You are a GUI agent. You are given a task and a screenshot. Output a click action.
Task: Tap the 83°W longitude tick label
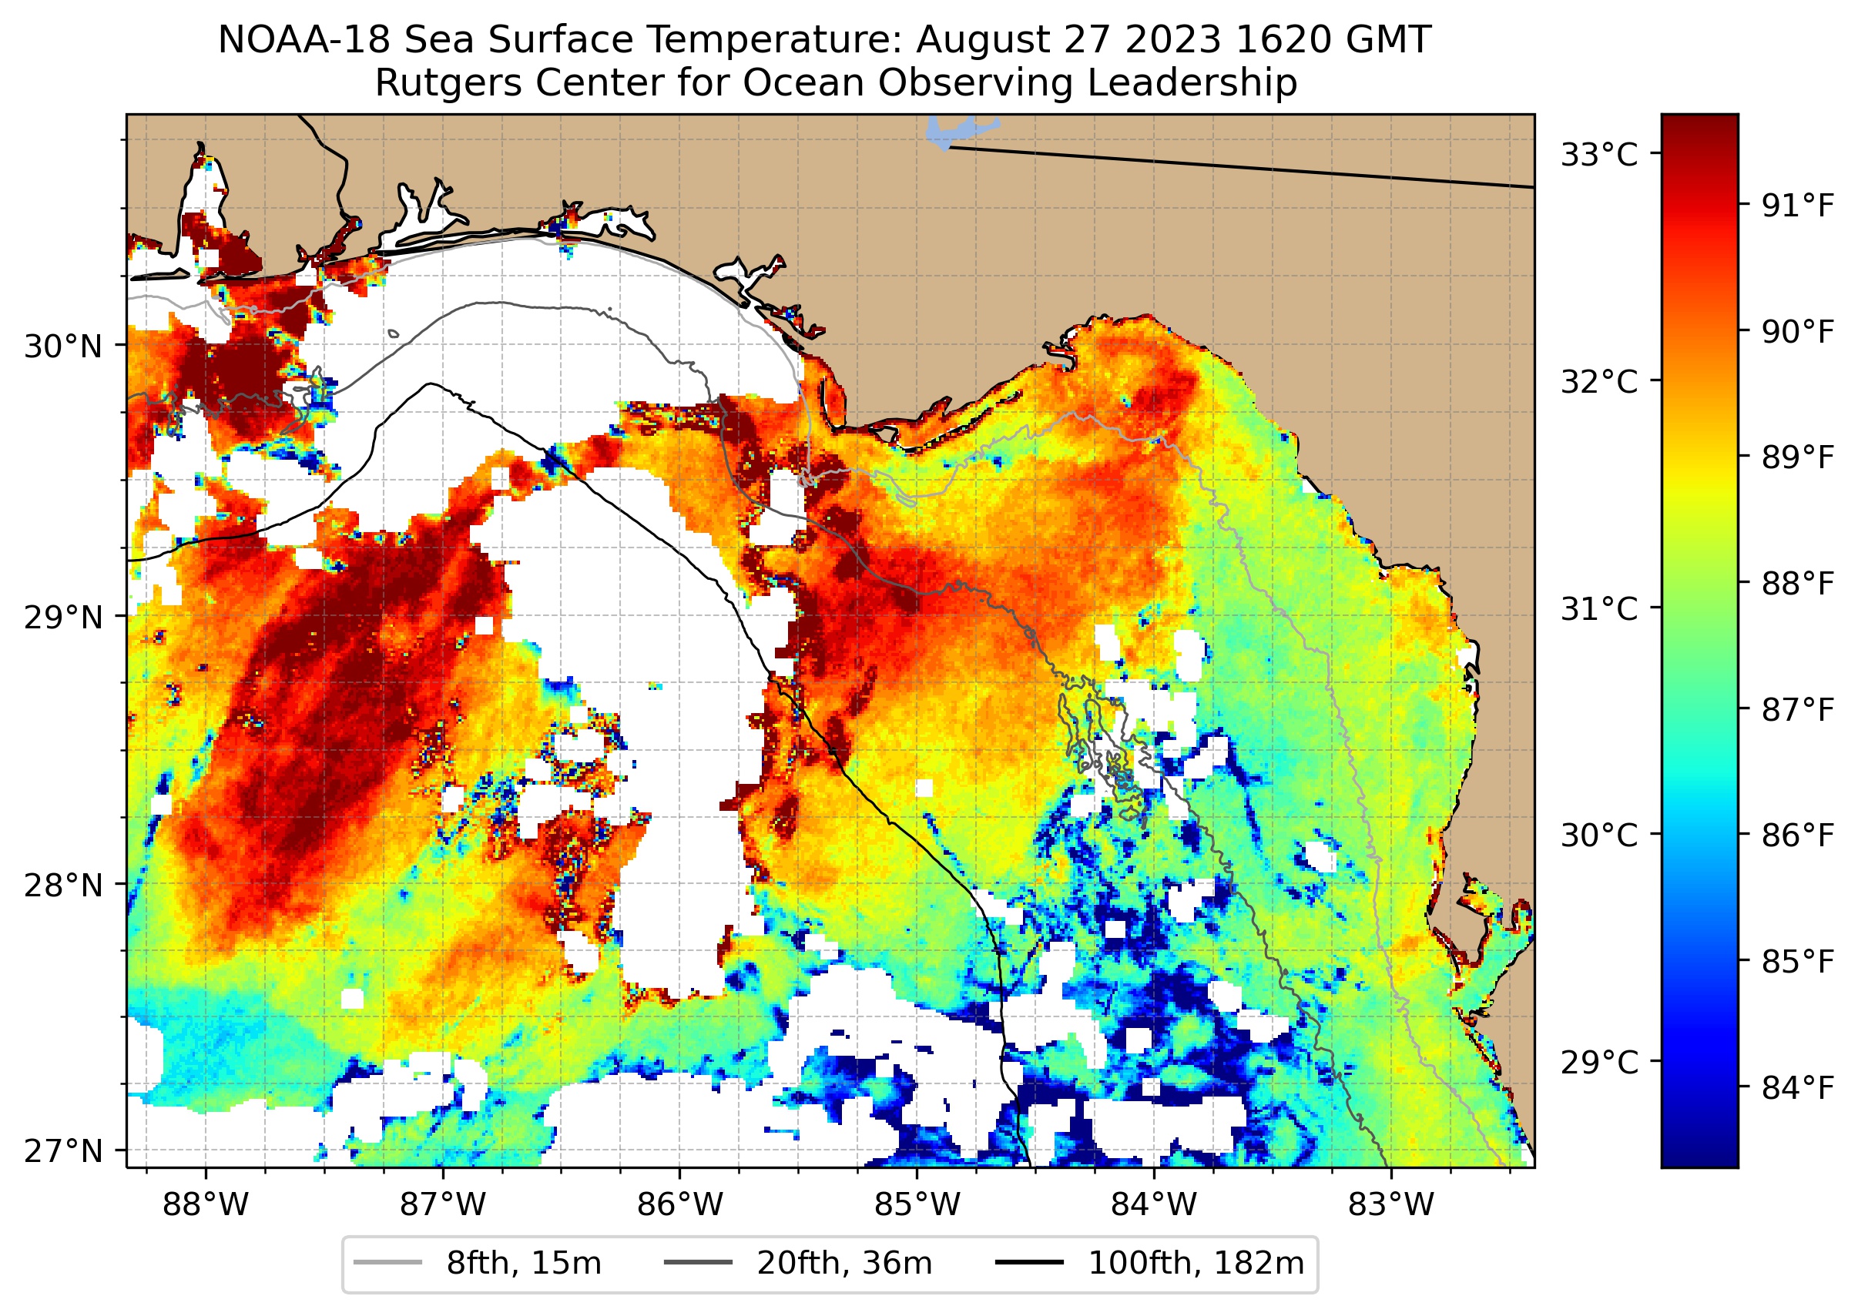[1391, 1205]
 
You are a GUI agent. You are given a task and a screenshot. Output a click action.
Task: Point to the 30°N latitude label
[63, 347]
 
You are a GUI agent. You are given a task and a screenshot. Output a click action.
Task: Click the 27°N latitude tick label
[63, 1150]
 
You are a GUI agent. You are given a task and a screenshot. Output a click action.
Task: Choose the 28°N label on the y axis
[63, 886]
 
